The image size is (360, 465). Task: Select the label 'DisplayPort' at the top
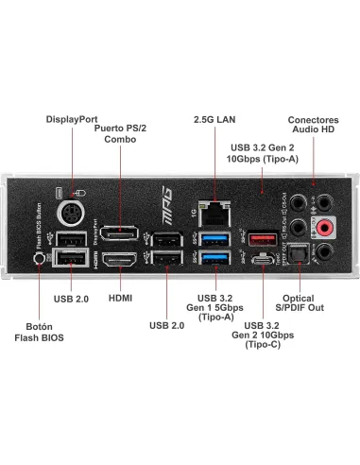(72, 119)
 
